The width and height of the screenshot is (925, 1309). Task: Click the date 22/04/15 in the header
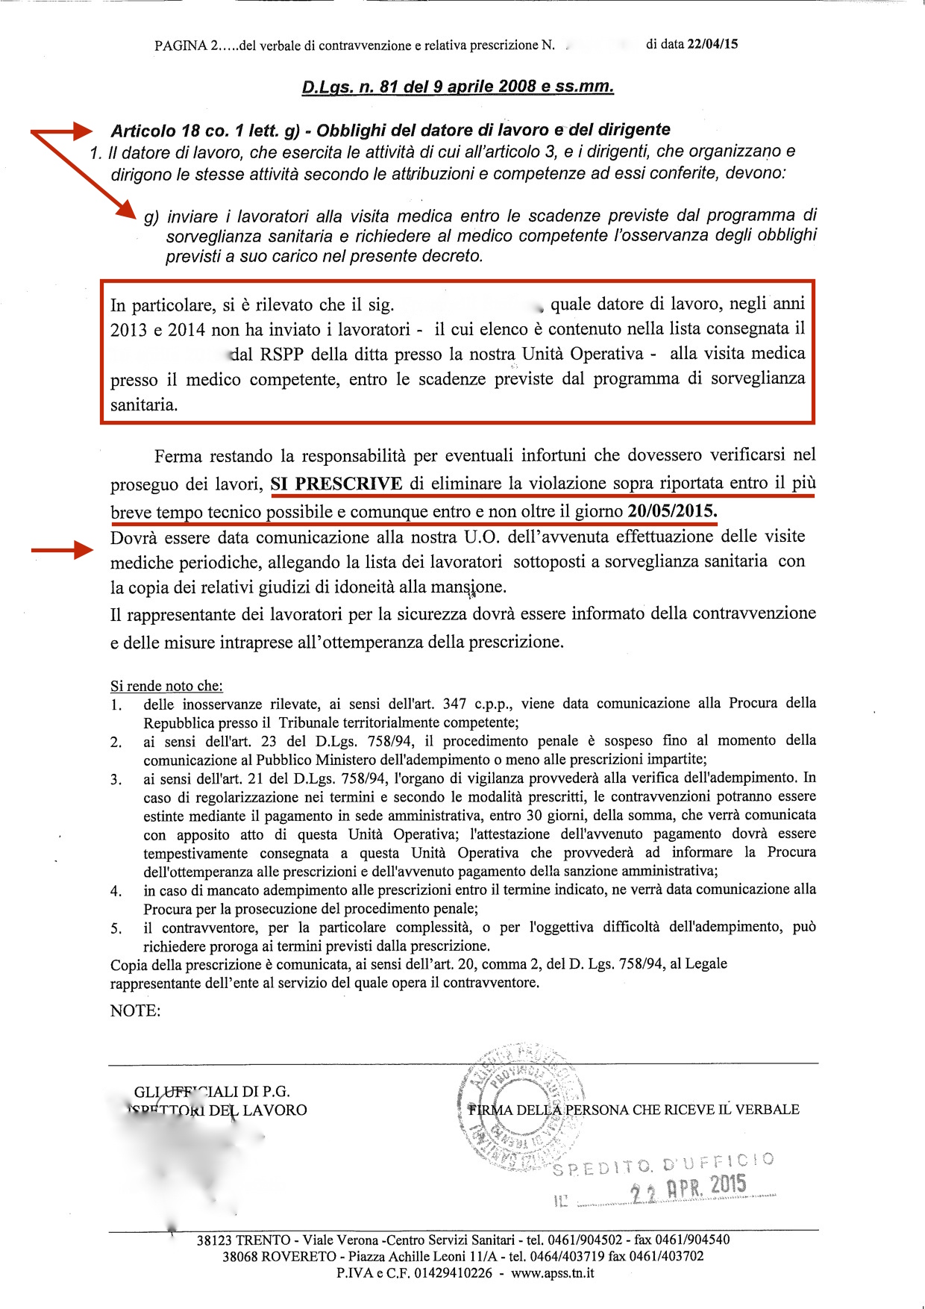pos(712,44)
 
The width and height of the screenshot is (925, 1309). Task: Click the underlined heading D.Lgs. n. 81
pos(457,87)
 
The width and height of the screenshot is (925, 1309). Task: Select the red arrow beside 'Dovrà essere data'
pos(63,551)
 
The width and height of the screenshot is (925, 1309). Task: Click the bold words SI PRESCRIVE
pos(336,484)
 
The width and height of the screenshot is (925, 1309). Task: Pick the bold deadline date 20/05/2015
pos(672,512)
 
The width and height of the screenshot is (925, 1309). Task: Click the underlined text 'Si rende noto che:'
pos(166,686)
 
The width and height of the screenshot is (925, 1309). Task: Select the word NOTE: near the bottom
pos(135,1010)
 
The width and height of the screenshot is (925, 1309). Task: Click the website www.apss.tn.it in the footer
pos(552,1272)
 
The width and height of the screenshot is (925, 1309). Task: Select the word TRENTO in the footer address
pos(263,1240)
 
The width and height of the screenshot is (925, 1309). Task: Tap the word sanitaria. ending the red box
pos(144,405)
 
